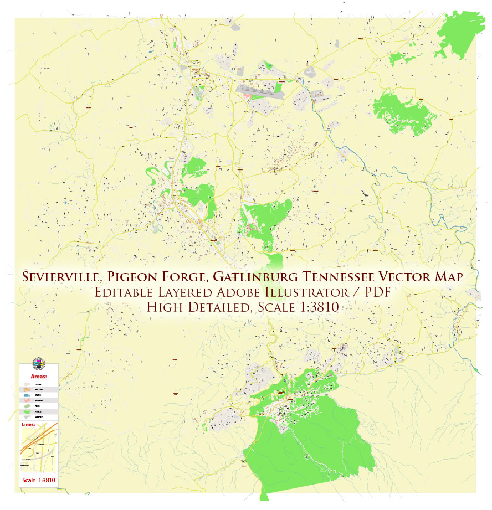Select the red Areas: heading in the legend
39,375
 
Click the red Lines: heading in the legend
29,425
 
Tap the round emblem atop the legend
38,363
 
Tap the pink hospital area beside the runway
248,96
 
